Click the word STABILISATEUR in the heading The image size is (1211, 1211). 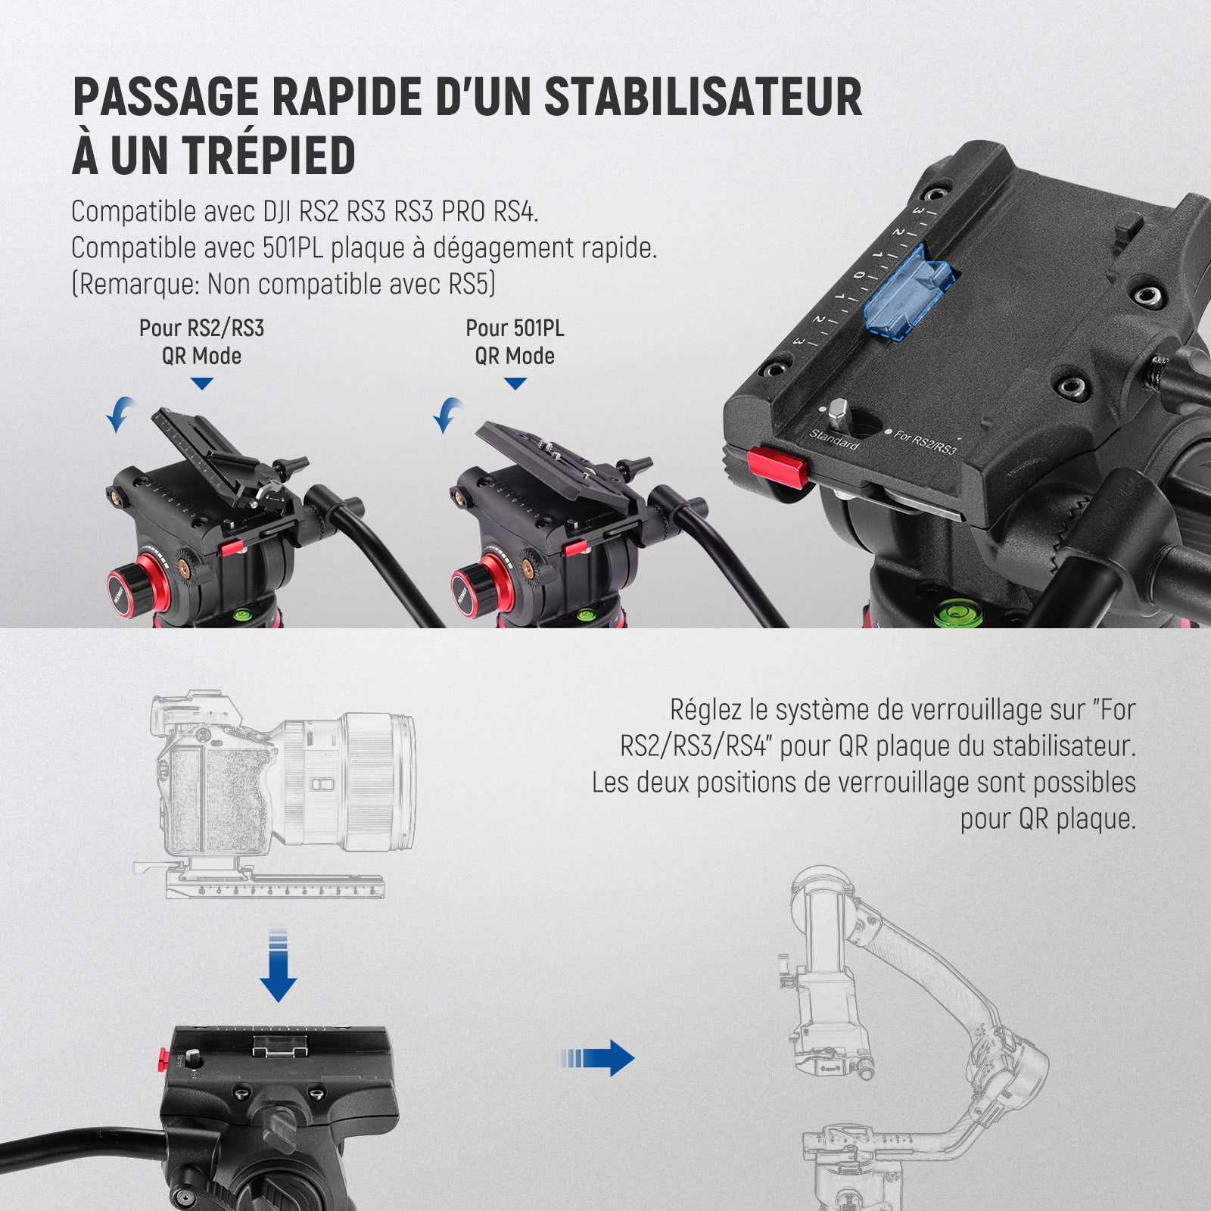[x=703, y=96]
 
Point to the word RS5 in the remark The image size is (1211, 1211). [x=469, y=284]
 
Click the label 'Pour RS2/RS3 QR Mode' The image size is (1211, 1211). [x=201, y=342]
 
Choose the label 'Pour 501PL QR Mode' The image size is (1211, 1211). [x=515, y=342]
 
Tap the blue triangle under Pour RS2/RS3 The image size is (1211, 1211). [x=202, y=384]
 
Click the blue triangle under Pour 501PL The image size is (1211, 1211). [x=515, y=384]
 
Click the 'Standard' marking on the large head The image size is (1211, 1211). [x=834, y=439]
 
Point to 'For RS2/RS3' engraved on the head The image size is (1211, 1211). [x=925, y=441]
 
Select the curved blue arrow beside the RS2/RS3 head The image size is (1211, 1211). [x=119, y=414]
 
